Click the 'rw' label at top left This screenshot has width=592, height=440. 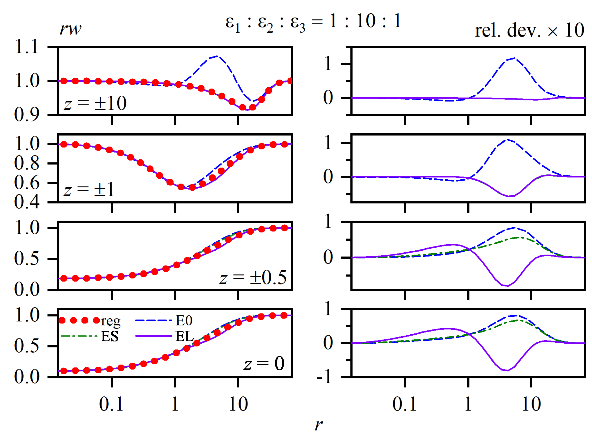(x=70, y=28)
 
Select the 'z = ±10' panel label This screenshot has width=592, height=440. (x=95, y=103)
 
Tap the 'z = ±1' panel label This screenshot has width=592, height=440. (x=89, y=190)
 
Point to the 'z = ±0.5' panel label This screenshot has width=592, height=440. (x=253, y=277)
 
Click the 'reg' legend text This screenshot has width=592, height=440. (x=111, y=321)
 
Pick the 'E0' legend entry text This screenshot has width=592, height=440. (x=184, y=321)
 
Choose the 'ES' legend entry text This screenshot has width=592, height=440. (x=110, y=337)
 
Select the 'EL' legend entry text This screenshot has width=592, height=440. (x=184, y=337)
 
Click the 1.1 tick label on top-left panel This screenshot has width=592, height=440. (x=27, y=47)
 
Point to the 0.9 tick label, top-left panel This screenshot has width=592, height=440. (x=27, y=115)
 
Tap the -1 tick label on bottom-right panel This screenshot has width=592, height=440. (x=324, y=377)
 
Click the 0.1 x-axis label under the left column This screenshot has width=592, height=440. (x=111, y=404)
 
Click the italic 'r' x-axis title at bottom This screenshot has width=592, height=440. (x=318, y=425)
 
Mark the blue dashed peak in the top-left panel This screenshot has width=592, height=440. (x=217, y=56)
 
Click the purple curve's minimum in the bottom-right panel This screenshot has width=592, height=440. (x=507, y=370)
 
